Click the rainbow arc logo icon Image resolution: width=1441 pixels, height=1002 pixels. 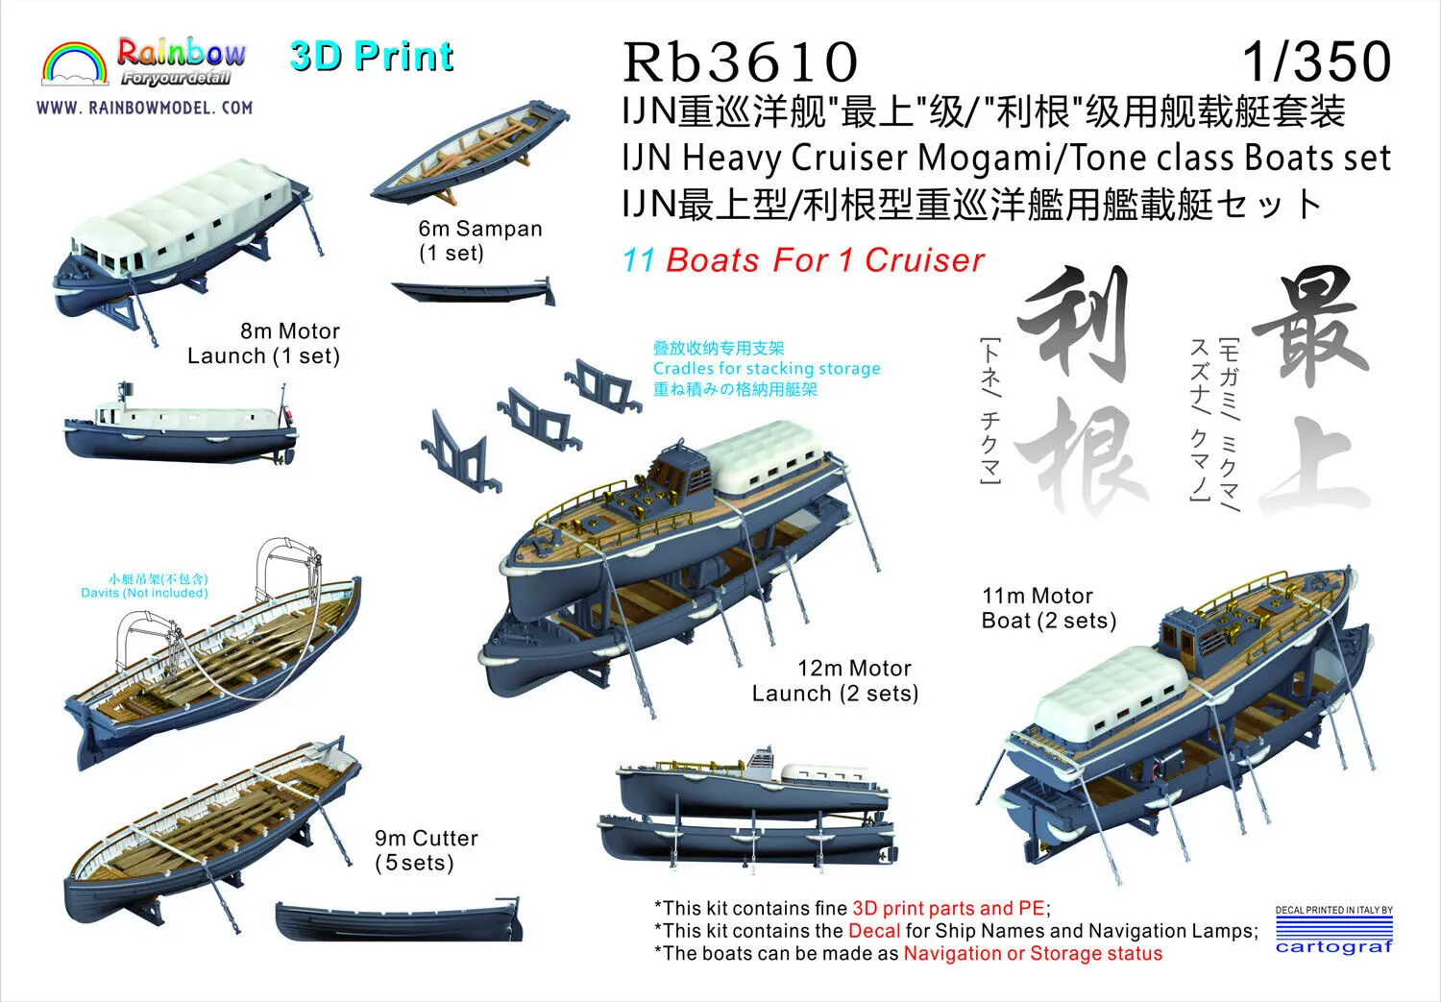pyautogui.click(x=75, y=64)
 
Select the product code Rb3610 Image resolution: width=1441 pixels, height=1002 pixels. pyautogui.click(x=740, y=61)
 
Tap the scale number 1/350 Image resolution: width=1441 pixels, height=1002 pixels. pyautogui.click(x=1316, y=61)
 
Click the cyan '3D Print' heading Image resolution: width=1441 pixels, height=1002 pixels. pyautogui.click(x=371, y=57)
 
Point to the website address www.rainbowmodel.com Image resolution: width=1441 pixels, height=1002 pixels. pyautogui.click(x=145, y=108)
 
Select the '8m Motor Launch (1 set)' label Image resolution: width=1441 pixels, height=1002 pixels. pyautogui.click(x=264, y=343)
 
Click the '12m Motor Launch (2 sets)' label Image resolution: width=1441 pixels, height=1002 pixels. pyautogui.click(x=835, y=680)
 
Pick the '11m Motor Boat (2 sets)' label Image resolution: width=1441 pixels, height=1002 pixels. pyautogui.click(x=1048, y=608)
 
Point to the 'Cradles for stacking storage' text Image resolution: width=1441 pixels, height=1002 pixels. pyautogui.click(x=766, y=369)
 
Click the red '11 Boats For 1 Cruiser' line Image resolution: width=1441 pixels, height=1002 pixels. pyautogui.click(x=803, y=260)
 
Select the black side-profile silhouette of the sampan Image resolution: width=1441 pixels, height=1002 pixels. pyautogui.click(x=474, y=290)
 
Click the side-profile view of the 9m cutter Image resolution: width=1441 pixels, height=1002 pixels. pyautogui.click(x=399, y=921)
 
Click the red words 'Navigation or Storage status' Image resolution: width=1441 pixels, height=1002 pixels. pyautogui.click(x=1033, y=954)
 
